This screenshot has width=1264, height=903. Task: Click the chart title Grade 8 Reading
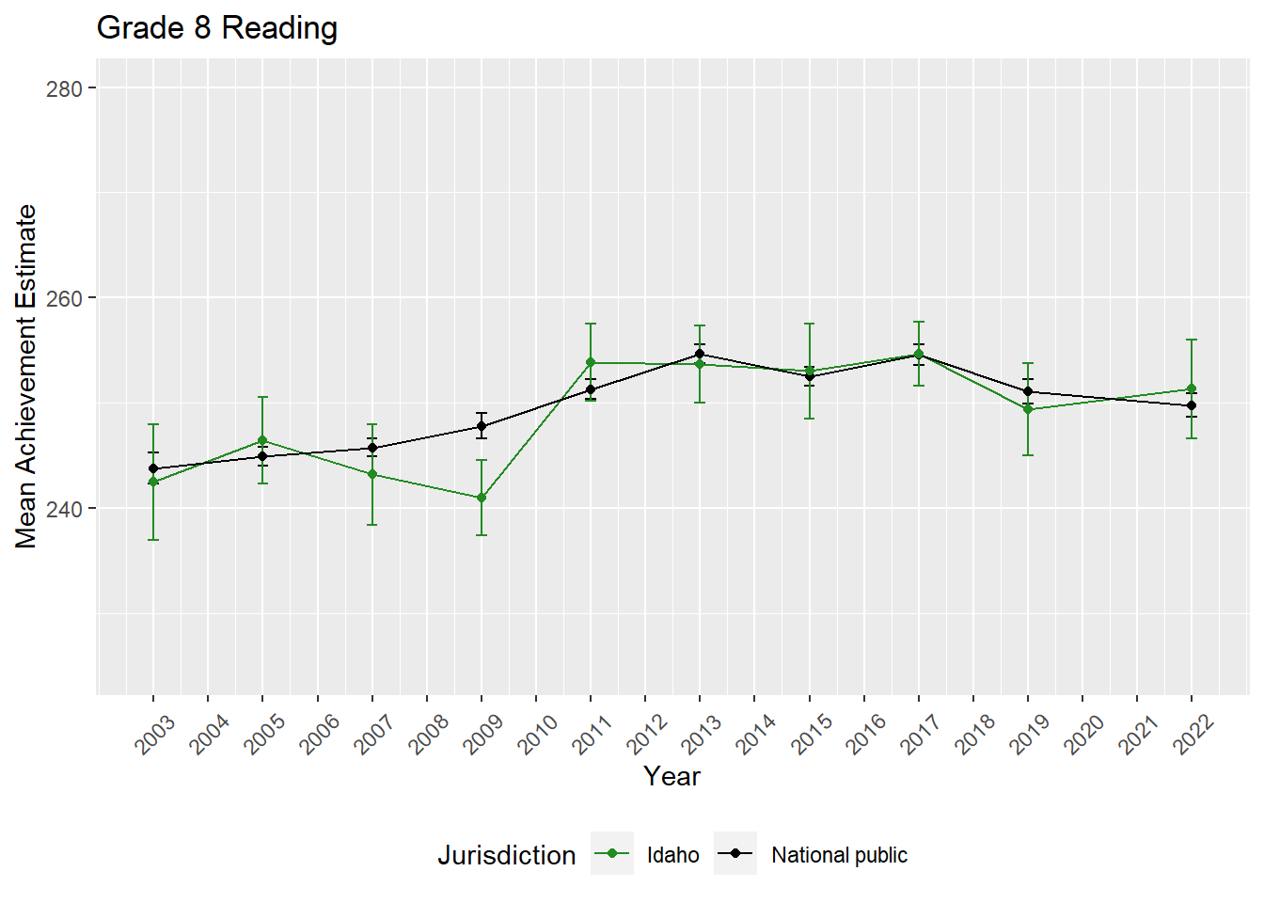point(217,28)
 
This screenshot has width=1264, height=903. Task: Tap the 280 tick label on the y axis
point(64,88)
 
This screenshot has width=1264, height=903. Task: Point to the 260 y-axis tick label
point(64,298)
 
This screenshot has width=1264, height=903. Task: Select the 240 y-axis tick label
point(64,509)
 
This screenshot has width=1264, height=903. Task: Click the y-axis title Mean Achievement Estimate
point(26,376)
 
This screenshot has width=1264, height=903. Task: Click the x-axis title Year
point(671,777)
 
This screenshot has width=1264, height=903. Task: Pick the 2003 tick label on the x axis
point(155,734)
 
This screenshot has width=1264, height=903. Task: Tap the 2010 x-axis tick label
point(538,734)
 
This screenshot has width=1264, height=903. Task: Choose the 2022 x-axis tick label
point(1193,734)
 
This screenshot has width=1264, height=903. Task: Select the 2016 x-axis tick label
point(865,734)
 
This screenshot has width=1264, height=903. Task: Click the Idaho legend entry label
point(673,855)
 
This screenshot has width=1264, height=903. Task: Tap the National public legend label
point(839,855)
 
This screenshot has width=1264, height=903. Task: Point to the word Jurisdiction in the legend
point(506,855)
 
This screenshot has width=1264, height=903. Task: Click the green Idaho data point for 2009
point(482,499)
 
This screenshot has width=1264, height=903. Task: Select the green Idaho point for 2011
point(591,362)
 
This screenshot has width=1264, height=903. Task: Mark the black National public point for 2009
point(482,426)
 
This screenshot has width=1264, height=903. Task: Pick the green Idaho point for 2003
point(153,482)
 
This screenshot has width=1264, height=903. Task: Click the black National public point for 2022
point(1192,405)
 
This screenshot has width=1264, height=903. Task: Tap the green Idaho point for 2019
point(1028,409)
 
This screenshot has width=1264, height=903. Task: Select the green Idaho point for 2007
point(372,474)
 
